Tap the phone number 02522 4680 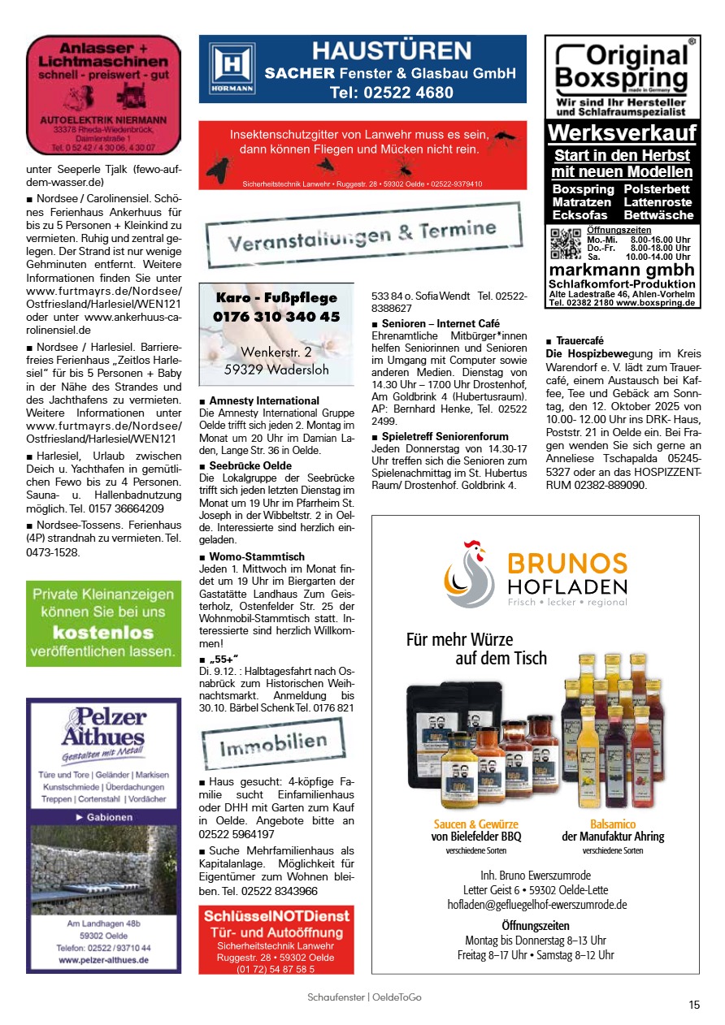392,93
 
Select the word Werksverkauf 622,132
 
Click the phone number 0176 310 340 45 276,317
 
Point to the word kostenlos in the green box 103,632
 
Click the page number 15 693,1005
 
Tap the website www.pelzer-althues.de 103,959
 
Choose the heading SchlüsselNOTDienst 276,916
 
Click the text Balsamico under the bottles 612,824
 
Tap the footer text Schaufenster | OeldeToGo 364,997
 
